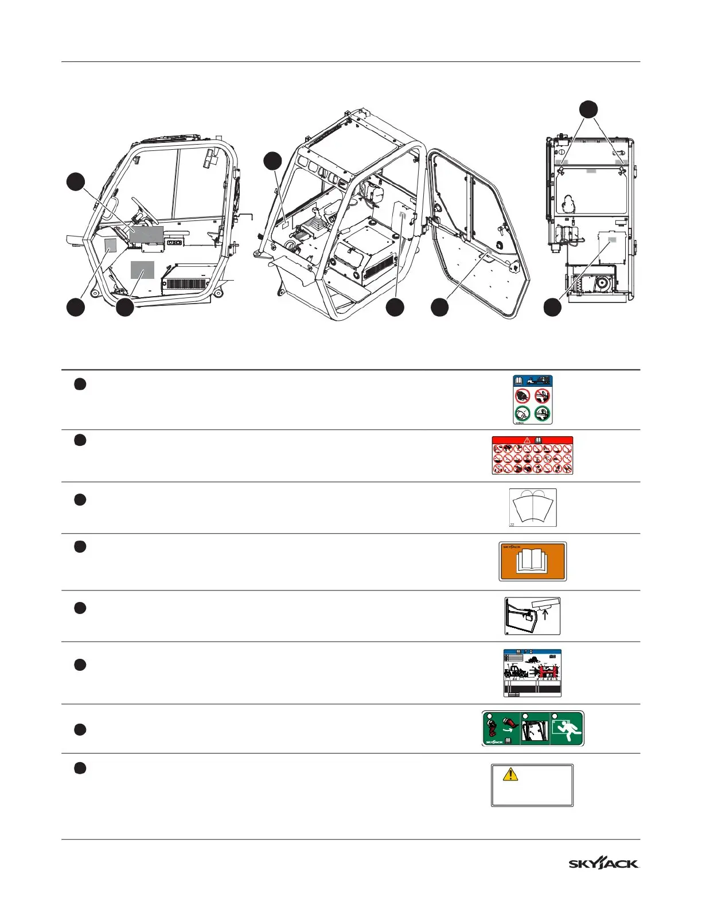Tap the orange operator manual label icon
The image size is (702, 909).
tap(532, 561)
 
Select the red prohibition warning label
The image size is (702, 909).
tap(532, 456)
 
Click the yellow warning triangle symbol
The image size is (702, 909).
tap(510, 775)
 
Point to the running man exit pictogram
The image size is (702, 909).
tap(568, 729)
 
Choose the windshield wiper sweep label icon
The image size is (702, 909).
tap(533, 507)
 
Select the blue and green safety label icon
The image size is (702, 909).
tap(532, 399)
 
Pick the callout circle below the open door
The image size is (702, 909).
tap(440, 307)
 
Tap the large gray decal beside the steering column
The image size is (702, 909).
tap(147, 234)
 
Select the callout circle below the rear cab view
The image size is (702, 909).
tap(552, 307)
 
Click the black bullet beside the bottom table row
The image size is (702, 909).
tap(80, 768)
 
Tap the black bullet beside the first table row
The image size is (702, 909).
tap(80, 384)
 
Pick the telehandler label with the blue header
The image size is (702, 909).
tap(532, 673)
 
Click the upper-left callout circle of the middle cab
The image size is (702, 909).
tap(273, 160)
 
